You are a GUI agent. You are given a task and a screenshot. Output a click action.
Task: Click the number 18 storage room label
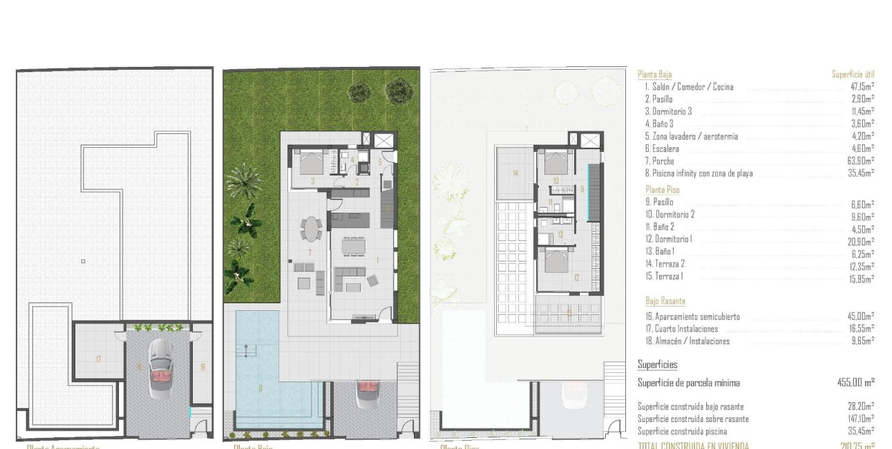pyautogui.click(x=202, y=367)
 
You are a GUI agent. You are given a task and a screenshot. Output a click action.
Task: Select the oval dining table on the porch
pyautogui.click(x=312, y=228)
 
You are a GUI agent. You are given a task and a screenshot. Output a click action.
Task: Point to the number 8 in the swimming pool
pyautogui.click(x=260, y=388)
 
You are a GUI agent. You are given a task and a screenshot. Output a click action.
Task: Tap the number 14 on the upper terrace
pyautogui.click(x=515, y=173)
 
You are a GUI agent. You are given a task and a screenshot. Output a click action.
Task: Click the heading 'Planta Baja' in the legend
pyautogui.click(x=654, y=75)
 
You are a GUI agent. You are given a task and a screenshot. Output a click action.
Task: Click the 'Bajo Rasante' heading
pyautogui.click(x=665, y=301)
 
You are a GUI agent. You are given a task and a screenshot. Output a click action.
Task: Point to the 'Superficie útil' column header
pyautogui.click(x=853, y=75)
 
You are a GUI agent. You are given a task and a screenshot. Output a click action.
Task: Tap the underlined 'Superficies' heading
pyautogui.click(x=657, y=365)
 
